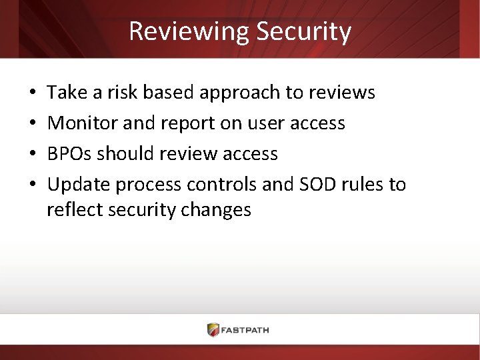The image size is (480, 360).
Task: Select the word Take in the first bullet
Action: [x=63, y=93]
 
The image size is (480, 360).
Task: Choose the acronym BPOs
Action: [x=69, y=154]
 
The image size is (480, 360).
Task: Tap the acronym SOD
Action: [x=320, y=185]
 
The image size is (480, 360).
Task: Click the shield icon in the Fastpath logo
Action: [x=213, y=329]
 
